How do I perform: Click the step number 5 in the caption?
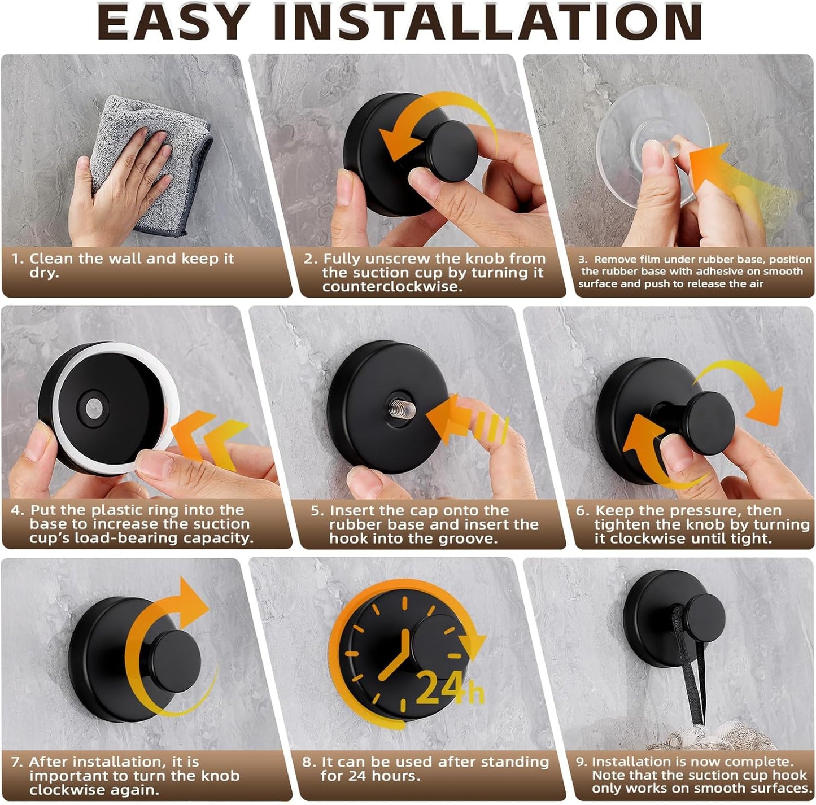coord(317,511)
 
